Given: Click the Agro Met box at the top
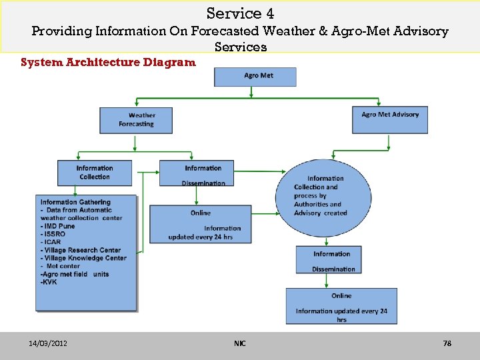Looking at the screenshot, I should pyautogui.click(x=255, y=76).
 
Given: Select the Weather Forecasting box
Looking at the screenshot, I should pyautogui.click(x=136, y=120).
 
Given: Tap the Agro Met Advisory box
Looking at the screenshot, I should pyautogui.click(x=390, y=119).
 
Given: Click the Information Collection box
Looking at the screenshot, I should pyautogui.click(x=94, y=172).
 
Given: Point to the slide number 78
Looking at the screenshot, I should pyautogui.click(x=447, y=343).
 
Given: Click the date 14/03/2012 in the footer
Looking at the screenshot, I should pyautogui.click(x=47, y=343).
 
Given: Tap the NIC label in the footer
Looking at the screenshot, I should pyautogui.click(x=240, y=343).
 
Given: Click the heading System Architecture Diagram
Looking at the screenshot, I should pyautogui.click(x=108, y=63).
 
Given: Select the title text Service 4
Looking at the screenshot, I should pyautogui.click(x=240, y=13).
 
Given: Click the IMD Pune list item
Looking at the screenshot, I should pyautogui.click(x=58, y=226).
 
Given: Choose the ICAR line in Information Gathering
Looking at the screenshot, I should pyautogui.click(x=51, y=242).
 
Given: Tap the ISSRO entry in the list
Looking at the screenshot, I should pyautogui.click(x=53, y=234).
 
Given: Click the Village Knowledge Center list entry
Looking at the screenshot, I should pyautogui.click(x=83, y=258).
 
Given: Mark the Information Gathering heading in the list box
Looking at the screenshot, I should pyautogui.click(x=75, y=202).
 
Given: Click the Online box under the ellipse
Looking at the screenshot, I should pyautogui.click(x=341, y=306).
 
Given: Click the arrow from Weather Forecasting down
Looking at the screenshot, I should pyautogui.click(x=135, y=143).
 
